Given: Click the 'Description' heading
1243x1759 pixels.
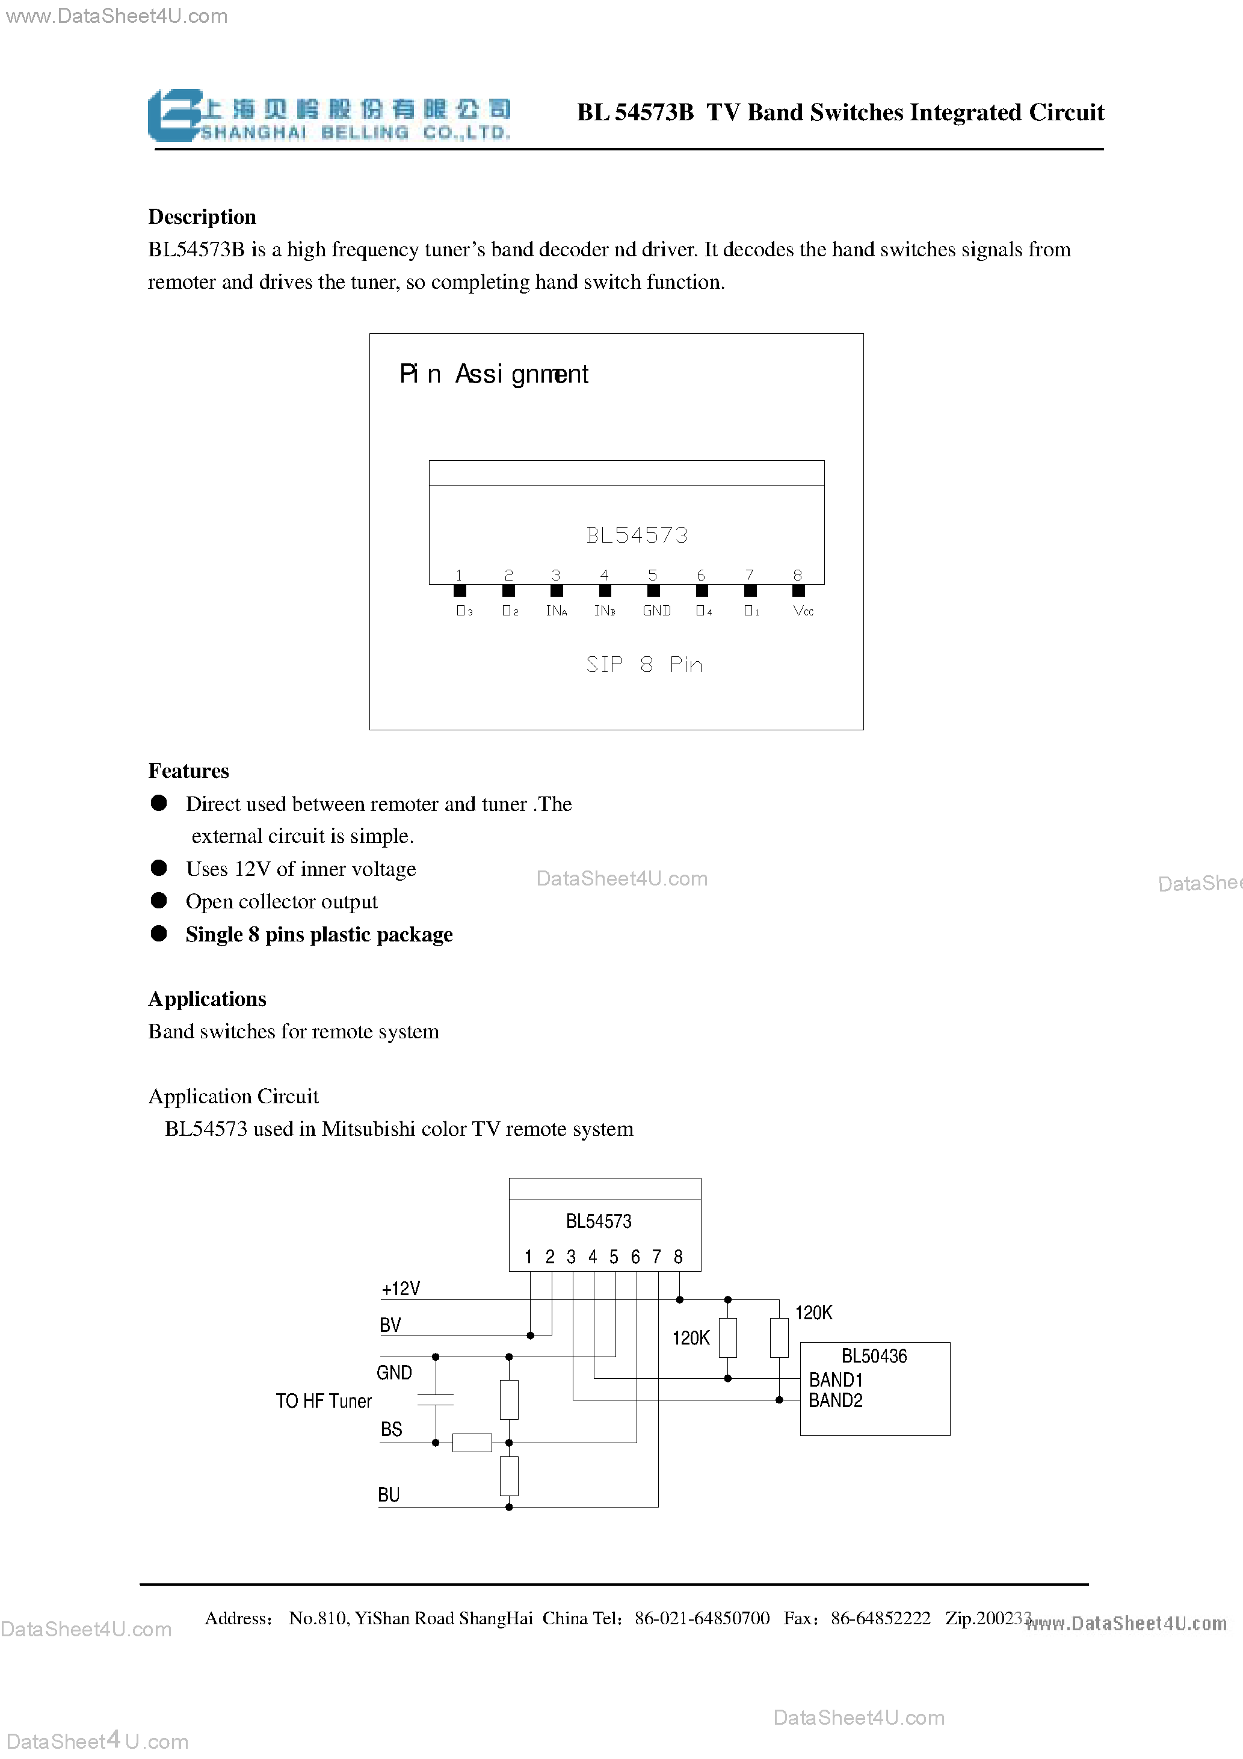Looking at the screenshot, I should (202, 217).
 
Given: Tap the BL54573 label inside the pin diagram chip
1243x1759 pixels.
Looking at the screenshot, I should (636, 535).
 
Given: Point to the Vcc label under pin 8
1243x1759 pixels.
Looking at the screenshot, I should (803, 611).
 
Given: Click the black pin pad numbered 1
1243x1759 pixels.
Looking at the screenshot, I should (460, 591).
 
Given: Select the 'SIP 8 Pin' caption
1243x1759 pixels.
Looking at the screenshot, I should (644, 664).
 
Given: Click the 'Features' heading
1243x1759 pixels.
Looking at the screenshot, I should (188, 771).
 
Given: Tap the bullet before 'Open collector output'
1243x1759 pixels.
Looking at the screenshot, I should (159, 900).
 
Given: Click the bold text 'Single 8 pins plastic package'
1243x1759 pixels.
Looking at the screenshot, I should (319, 935).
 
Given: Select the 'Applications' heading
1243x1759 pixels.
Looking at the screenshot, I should (207, 999).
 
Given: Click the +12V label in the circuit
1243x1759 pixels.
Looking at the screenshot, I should (401, 1289).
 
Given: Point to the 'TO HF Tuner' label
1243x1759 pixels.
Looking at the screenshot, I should (324, 1401).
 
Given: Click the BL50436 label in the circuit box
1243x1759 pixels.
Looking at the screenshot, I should (874, 1356).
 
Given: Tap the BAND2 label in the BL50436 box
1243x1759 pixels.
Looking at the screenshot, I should (835, 1400).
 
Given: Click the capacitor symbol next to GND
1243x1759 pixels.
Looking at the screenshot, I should (435, 1400).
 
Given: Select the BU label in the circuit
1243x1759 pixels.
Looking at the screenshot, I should (389, 1495).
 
